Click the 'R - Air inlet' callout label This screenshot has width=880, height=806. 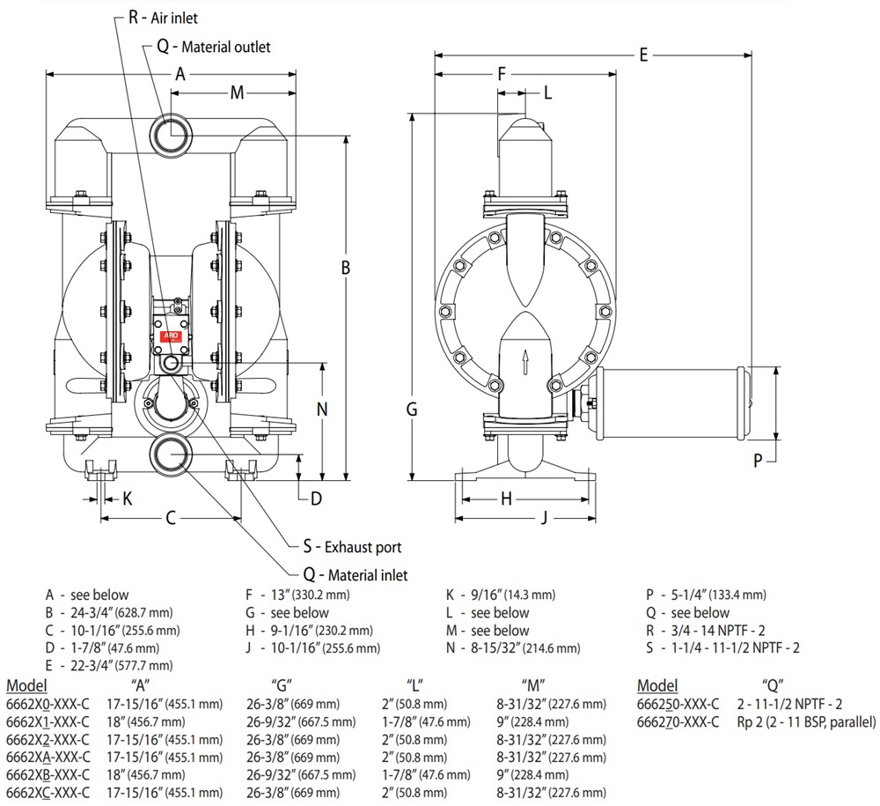click(x=163, y=16)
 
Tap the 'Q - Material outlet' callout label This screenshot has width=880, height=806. click(x=214, y=47)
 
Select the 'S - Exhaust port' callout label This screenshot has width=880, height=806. click(x=352, y=547)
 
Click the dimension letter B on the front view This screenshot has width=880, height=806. click(x=347, y=266)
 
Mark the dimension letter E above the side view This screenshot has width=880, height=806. click(x=643, y=55)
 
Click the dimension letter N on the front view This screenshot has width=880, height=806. click(x=322, y=409)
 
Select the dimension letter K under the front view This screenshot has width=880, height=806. click(x=127, y=499)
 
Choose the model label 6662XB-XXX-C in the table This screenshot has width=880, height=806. click(x=48, y=774)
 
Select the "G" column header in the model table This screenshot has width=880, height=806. click(x=282, y=685)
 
